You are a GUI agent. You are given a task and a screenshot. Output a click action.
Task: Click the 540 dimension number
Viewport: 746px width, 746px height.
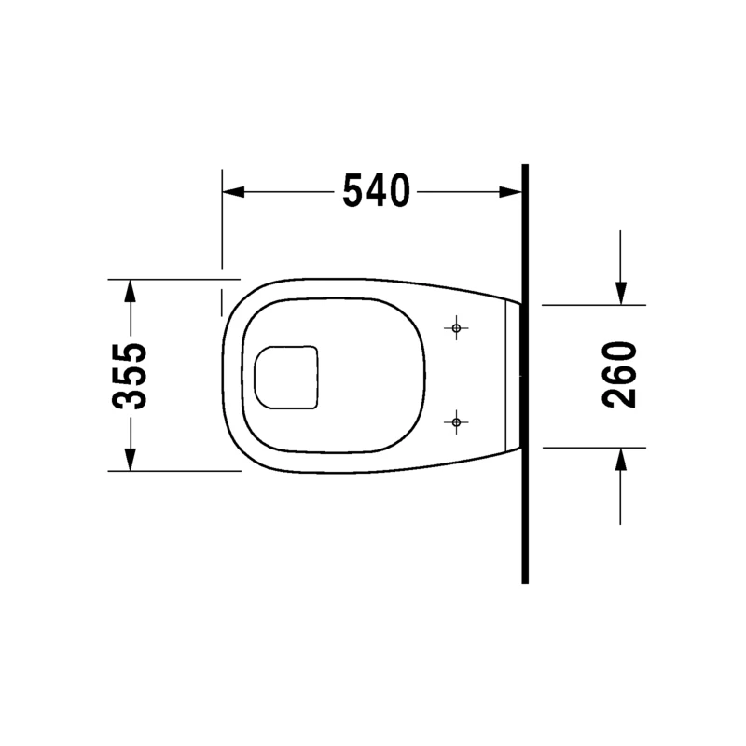[x=377, y=191]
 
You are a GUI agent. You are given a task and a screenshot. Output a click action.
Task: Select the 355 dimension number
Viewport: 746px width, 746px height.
[x=130, y=376]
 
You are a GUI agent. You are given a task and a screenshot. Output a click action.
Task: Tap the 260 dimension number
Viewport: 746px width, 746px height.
[x=619, y=375]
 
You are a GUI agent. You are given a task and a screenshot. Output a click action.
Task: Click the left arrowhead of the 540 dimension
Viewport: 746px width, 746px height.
[x=233, y=192]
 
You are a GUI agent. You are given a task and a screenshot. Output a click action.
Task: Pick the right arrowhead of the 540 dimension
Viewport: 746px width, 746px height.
[x=510, y=192]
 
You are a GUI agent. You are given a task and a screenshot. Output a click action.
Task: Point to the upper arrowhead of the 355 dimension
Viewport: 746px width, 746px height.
[x=130, y=291]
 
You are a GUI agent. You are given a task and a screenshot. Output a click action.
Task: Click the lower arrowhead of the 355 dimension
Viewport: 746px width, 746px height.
[x=130, y=460]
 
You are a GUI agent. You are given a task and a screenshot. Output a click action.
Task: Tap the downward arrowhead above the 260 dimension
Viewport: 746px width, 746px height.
[x=621, y=293]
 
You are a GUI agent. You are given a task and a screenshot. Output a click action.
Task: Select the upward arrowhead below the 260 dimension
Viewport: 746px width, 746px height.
[x=621, y=459]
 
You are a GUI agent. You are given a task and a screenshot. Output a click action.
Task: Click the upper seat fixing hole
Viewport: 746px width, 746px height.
[x=456, y=328]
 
